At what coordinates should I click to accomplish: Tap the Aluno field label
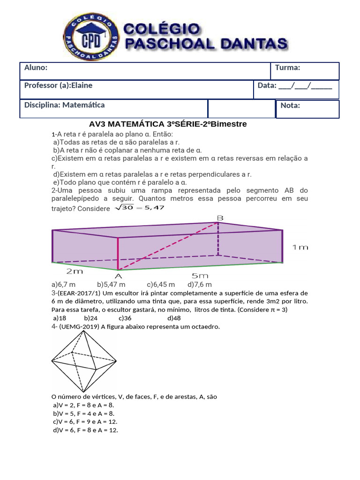pyautogui.click(x=36, y=67)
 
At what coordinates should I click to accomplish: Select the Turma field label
pyautogui.click(x=287, y=67)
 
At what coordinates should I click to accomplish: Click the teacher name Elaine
pyautogui.click(x=82, y=85)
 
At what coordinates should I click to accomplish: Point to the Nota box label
pyautogui.click(x=290, y=105)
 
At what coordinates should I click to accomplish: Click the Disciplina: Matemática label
pyautogui.click(x=64, y=105)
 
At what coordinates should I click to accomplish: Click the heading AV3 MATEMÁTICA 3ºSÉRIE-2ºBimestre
pyautogui.click(x=167, y=124)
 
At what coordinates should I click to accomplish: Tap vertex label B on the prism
pyautogui.click(x=220, y=217)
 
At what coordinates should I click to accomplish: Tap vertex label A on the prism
pyautogui.click(x=119, y=276)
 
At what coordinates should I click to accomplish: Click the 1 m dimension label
pyautogui.click(x=300, y=247)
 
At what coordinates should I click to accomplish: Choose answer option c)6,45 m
pyautogui.click(x=161, y=285)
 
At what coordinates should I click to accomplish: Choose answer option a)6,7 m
pyautogui.click(x=63, y=285)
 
